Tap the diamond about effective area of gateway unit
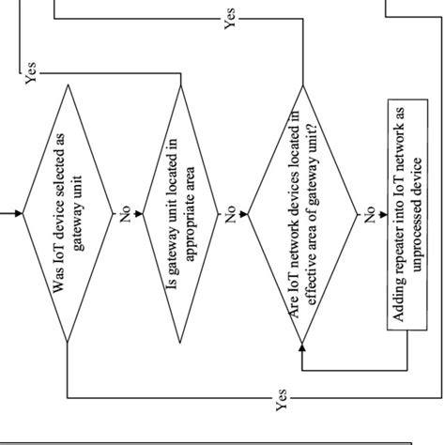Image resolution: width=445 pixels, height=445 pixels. pyautogui.click(x=303, y=213)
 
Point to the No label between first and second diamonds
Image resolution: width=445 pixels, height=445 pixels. pyautogui.click(x=125, y=214)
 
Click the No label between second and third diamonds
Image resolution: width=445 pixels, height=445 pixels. pyautogui.click(x=230, y=214)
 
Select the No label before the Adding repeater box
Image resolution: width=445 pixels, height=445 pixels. pyautogui.click(x=367, y=214)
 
